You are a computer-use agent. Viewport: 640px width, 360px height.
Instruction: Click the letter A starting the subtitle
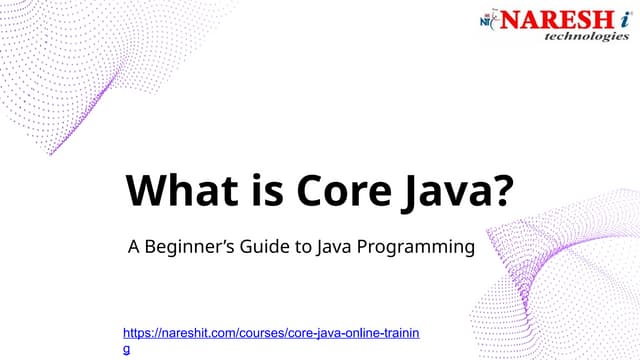[x=132, y=246]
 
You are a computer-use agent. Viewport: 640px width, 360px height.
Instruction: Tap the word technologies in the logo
[x=586, y=36]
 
